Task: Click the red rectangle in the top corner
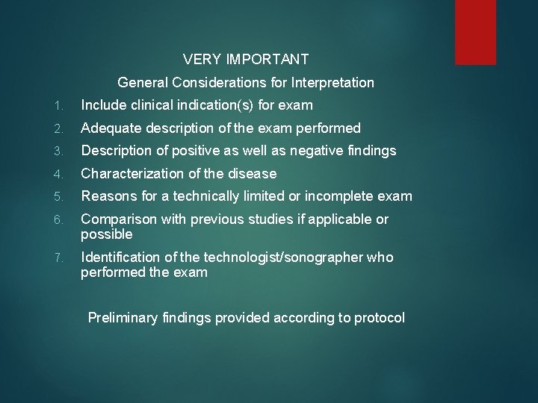tap(476, 31)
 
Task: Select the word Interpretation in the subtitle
tap(332, 82)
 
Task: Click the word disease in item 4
tap(253, 174)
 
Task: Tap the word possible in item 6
tap(107, 234)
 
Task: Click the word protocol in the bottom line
tap(379, 318)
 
